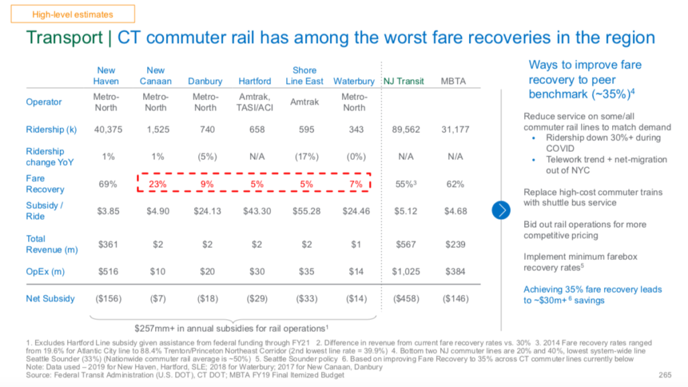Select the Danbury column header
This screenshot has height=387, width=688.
tap(205, 81)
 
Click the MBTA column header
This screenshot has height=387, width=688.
tap(453, 81)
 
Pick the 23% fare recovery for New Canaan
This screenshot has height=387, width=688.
tap(156, 183)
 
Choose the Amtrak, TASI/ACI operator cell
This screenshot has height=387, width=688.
tap(255, 102)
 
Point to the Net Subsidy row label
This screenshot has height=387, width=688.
tap(50, 298)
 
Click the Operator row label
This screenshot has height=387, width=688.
tap(44, 102)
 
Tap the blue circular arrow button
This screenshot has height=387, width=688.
tap(502, 210)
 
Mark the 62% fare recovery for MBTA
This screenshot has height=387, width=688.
tap(453, 183)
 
